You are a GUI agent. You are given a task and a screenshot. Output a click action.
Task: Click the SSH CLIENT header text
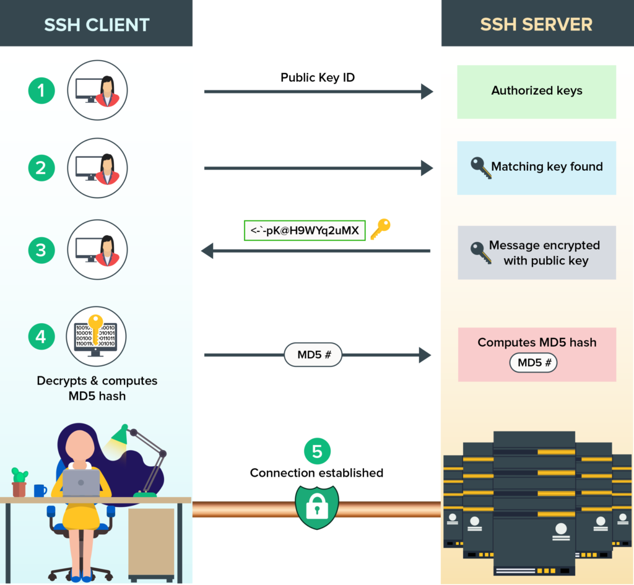(x=97, y=25)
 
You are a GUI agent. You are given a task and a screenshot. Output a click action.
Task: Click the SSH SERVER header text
(x=536, y=24)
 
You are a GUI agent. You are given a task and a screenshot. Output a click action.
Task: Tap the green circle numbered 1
(x=41, y=91)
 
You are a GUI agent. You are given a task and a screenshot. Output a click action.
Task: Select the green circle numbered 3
(x=41, y=251)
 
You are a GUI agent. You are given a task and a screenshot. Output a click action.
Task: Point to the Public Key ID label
(x=318, y=77)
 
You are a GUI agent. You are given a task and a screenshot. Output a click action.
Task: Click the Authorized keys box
(x=536, y=91)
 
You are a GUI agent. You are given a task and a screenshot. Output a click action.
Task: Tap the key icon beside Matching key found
(x=480, y=168)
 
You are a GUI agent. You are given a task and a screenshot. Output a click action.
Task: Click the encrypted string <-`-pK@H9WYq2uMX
(x=306, y=230)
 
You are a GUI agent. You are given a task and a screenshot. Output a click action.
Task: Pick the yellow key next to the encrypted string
(x=380, y=229)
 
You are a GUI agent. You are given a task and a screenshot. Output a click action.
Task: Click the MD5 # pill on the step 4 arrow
(x=313, y=355)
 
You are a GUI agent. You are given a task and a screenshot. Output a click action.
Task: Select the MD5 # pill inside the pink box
(x=533, y=363)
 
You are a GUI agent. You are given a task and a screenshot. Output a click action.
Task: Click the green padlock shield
(x=317, y=506)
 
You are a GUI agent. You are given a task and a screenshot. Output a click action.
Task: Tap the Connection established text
(x=316, y=473)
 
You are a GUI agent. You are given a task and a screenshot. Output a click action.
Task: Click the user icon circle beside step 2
(x=97, y=168)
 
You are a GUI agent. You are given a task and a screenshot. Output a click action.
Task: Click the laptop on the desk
(x=81, y=482)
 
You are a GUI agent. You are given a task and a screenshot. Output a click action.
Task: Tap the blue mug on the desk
(x=40, y=490)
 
